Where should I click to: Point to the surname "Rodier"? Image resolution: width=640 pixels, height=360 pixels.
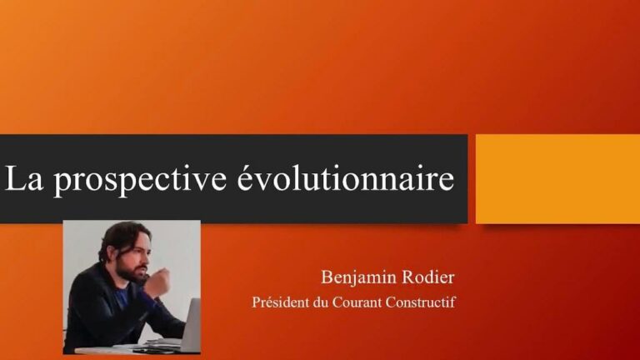(428, 277)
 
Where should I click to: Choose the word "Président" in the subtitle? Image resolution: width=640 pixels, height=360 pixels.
(279, 302)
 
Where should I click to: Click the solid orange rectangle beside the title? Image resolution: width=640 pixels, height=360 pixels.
(557, 178)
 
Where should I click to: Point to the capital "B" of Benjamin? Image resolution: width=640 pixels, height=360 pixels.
(327, 277)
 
